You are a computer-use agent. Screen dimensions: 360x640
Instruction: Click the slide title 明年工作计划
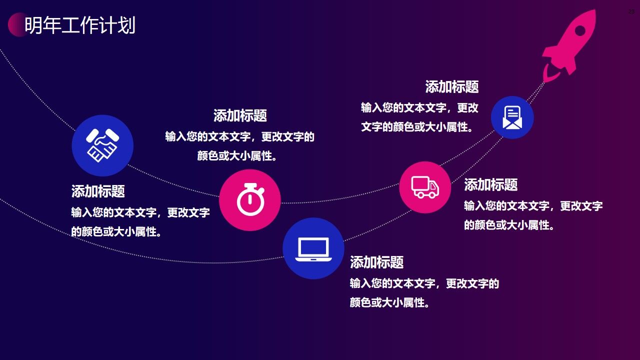click(x=80, y=25)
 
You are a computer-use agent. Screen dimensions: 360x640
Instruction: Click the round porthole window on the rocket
click(x=579, y=31)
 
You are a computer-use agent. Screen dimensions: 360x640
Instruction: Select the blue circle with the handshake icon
click(x=102, y=145)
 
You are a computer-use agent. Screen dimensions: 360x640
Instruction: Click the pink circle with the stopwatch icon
click(x=250, y=200)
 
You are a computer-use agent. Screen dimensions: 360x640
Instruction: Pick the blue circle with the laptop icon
click(x=313, y=248)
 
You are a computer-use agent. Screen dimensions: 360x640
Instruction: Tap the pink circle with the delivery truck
click(x=425, y=187)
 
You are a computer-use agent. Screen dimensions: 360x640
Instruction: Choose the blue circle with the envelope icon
click(x=512, y=117)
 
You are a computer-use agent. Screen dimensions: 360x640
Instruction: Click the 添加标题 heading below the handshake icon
click(x=98, y=191)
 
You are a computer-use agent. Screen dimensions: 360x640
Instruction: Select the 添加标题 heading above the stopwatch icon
click(x=240, y=115)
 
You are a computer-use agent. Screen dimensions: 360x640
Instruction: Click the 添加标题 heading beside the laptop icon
click(x=376, y=262)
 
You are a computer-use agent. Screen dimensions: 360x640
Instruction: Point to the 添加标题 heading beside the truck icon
click(x=490, y=184)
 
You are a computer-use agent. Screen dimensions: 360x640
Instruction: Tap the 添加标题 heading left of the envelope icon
click(x=452, y=86)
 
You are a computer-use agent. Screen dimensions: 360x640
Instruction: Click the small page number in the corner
click(x=631, y=11)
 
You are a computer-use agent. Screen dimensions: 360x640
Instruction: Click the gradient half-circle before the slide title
click(x=15, y=24)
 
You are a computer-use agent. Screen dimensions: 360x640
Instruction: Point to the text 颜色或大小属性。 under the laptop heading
click(x=389, y=302)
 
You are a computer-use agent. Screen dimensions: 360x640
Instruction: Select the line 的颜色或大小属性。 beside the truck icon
click(x=509, y=225)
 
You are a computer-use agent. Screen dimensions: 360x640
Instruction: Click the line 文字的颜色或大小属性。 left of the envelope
click(x=417, y=127)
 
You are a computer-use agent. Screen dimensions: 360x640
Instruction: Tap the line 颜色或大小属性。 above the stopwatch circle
click(x=237, y=156)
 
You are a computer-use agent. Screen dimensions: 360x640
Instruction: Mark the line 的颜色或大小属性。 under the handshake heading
click(x=116, y=232)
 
